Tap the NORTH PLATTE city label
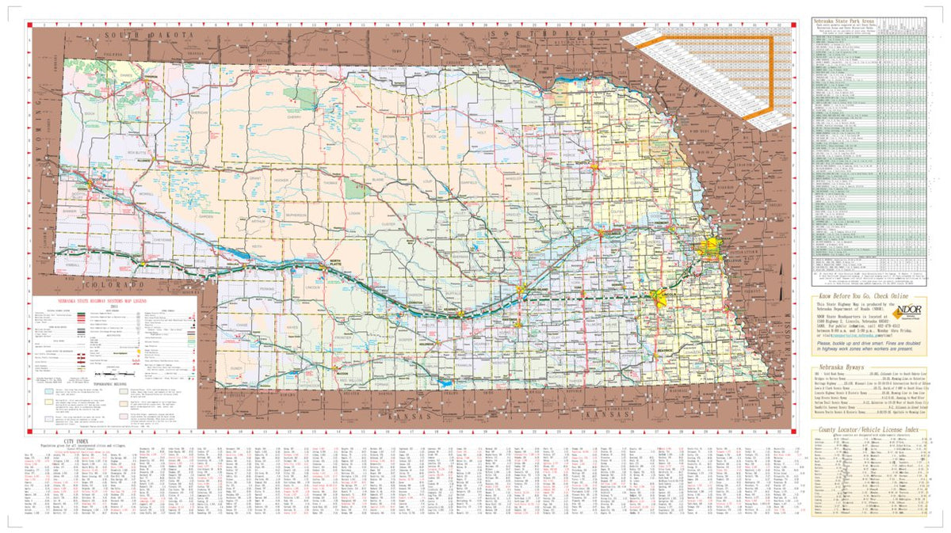tap(335, 262)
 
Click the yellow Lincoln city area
tap(660, 298)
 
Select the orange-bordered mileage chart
tap(705, 71)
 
